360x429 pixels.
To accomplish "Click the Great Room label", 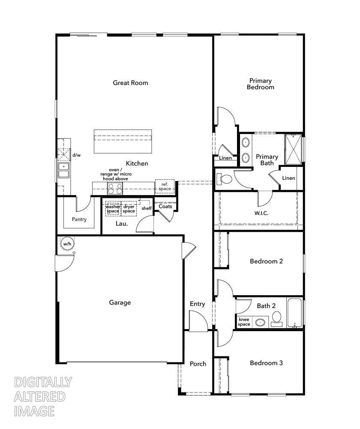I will pos(130,83).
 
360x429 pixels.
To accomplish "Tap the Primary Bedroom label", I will pos(260,84).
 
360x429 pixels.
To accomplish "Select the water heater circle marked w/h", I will pos(67,244).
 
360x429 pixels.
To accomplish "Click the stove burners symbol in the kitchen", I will pos(114,188).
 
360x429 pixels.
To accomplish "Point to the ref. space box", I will pos(165,186).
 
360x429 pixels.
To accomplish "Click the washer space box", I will pos(113,208).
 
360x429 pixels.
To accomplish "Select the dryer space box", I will pos(129,208).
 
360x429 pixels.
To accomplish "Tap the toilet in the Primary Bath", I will pos(224,178).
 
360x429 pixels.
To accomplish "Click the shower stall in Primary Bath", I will pos(294,149).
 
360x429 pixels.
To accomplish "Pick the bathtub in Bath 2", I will pos(294,313).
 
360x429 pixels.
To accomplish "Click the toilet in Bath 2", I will pos(276,319).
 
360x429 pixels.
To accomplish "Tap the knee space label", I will pos(244,322).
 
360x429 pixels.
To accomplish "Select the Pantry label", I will pos(79,219).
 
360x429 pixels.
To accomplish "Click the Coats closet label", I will pos(165,206).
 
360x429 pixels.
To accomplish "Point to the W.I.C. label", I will pos(261,213).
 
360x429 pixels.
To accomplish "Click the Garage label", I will pos(120,302).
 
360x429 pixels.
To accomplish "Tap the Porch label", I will pos(198,364).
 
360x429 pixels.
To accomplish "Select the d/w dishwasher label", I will pos(76,155).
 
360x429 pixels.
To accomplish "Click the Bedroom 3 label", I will pos(266,363).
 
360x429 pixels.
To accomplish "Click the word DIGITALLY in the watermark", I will pos(43,382).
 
